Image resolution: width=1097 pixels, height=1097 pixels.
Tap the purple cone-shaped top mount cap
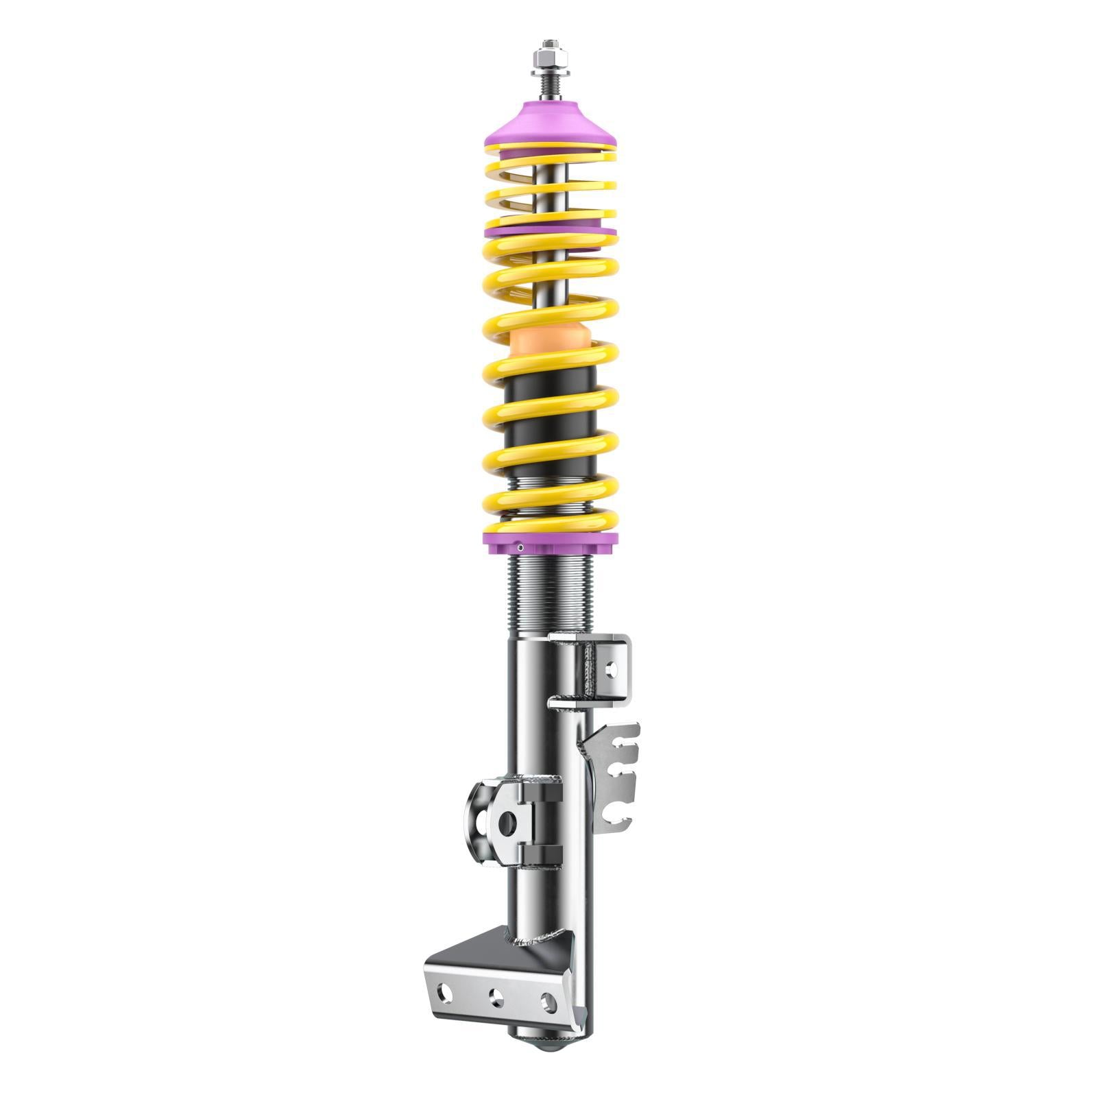pos(550,123)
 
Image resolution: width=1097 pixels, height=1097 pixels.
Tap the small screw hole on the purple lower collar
pos(521,547)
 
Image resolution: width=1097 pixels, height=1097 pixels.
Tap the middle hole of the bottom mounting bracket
pos(494,996)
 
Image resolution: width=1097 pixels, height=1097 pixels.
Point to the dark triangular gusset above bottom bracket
pos(480,950)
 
